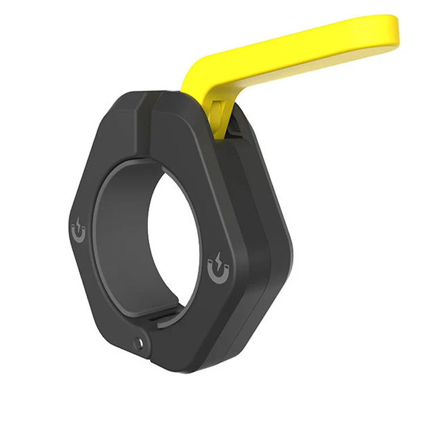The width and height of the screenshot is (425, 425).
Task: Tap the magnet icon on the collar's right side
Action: click(x=219, y=270)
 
